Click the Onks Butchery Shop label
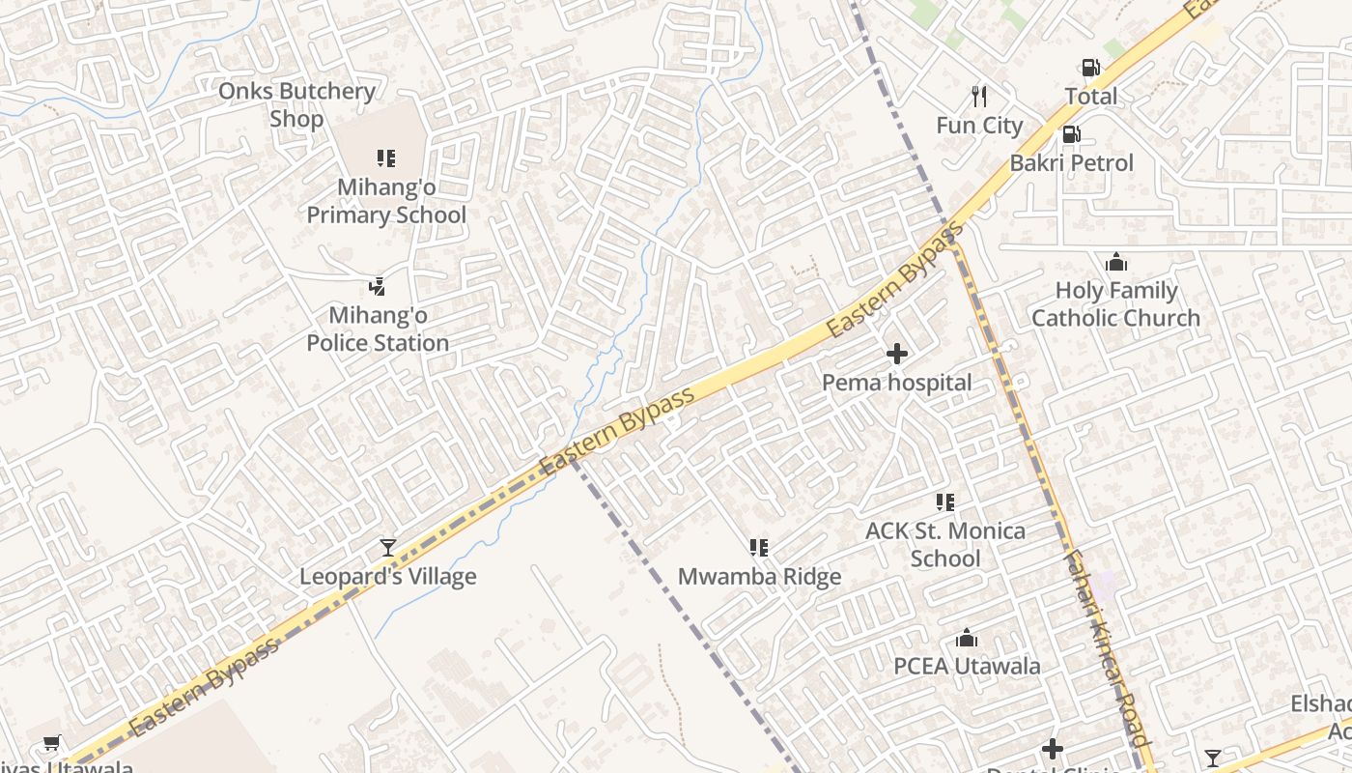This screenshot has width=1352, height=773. click(x=296, y=104)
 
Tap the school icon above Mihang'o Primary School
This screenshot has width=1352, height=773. click(x=386, y=157)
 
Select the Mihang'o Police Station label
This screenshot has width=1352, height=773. click(x=378, y=329)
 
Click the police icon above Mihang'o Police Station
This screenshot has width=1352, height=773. click(x=378, y=286)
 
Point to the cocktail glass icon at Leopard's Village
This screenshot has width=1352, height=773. click(x=387, y=548)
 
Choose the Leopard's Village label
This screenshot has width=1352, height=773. click(x=387, y=577)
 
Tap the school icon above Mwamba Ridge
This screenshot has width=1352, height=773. click(x=759, y=548)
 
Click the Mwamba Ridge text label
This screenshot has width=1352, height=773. click(x=759, y=577)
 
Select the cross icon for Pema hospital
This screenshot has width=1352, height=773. click(x=897, y=354)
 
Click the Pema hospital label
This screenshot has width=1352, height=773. click(x=897, y=383)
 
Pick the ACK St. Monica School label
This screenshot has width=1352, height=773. click(x=944, y=544)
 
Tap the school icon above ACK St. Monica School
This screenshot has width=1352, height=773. click(x=945, y=501)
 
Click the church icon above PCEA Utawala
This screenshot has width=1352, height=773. click(x=967, y=638)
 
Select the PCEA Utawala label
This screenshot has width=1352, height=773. click(x=967, y=666)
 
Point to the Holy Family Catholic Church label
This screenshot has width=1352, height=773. click(x=1115, y=304)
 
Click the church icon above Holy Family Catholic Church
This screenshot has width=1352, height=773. click(x=1116, y=262)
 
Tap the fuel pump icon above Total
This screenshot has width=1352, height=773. click(x=1090, y=68)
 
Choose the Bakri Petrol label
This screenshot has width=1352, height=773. click(x=1071, y=162)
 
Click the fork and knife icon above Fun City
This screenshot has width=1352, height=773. click(x=979, y=96)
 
